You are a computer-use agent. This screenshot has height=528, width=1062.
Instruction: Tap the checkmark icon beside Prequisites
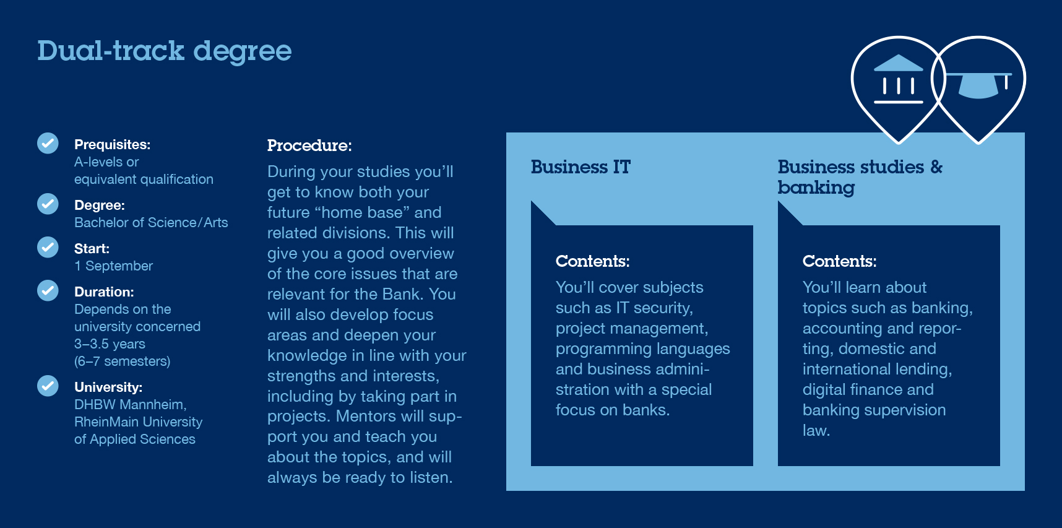(48, 143)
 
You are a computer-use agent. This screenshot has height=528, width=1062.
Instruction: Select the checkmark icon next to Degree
(48, 204)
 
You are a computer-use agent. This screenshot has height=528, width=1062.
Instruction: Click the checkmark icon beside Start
(48, 247)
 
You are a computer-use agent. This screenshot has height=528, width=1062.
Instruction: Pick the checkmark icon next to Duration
(48, 290)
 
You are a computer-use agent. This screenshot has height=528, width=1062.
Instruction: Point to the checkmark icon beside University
(48, 386)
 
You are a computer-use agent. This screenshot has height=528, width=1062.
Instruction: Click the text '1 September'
(113, 266)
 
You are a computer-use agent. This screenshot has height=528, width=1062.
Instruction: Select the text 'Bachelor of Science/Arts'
(151, 223)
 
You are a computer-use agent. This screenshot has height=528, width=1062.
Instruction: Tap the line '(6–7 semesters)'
(122, 361)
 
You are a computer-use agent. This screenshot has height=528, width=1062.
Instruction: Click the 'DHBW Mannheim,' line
(130, 405)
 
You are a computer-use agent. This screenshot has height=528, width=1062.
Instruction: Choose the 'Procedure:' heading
(309, 145)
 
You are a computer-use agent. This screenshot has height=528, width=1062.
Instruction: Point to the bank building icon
(898, 79)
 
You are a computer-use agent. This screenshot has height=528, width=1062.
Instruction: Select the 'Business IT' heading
(581, 167)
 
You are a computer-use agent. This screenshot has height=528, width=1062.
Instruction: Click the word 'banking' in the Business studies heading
(816, 188)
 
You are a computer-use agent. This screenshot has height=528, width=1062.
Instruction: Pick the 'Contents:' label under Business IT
(592, 261)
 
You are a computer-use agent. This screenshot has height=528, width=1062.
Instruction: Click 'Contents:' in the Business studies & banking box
(839, 261)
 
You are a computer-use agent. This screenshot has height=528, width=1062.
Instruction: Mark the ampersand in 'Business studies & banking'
(936, 167)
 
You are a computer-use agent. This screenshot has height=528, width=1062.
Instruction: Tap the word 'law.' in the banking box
(816, 430)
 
